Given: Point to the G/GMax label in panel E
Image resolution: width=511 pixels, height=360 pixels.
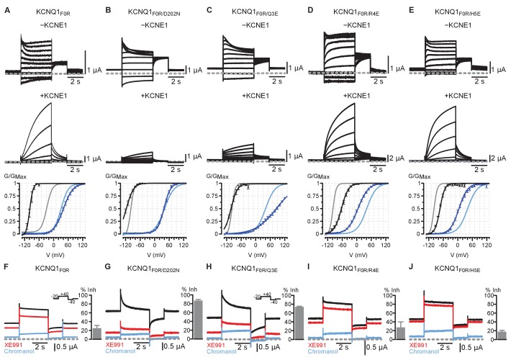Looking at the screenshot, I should coord(423,176).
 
